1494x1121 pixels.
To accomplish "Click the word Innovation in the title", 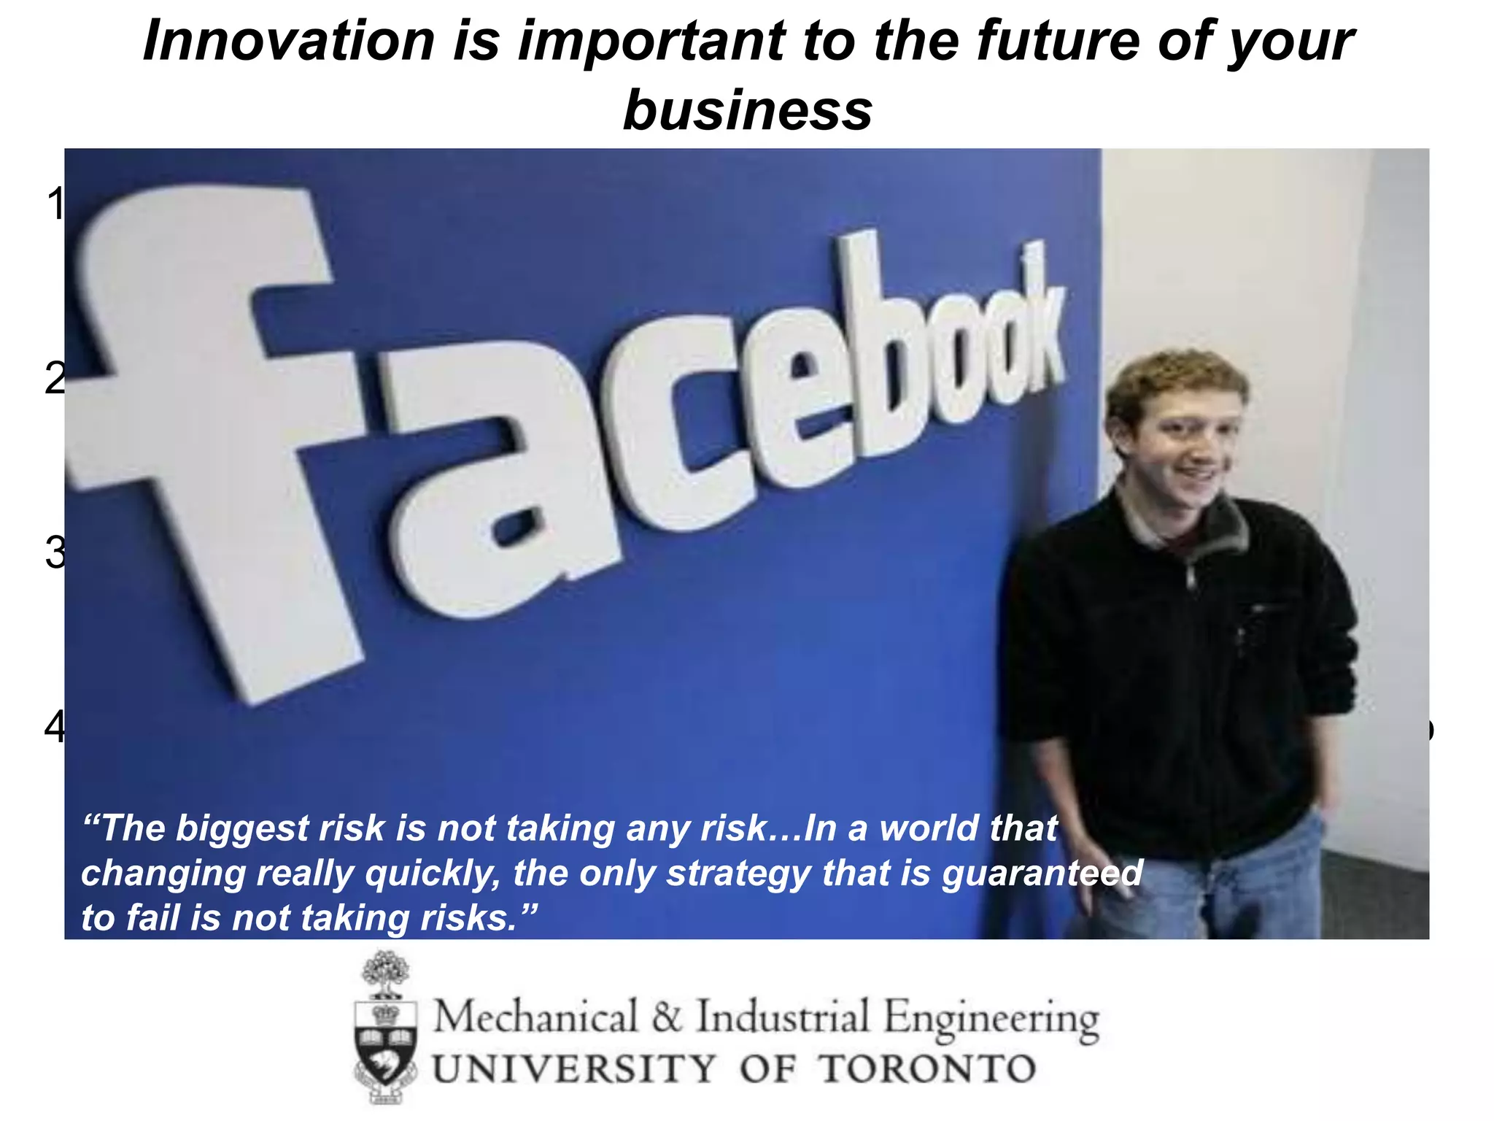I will (288, 41).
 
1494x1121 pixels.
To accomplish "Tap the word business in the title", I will (748, 110).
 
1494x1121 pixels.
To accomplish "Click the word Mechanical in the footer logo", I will (536, 1017).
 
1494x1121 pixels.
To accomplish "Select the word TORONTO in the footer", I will (926, 1069).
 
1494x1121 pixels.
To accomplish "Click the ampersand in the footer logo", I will (667, 1017).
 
